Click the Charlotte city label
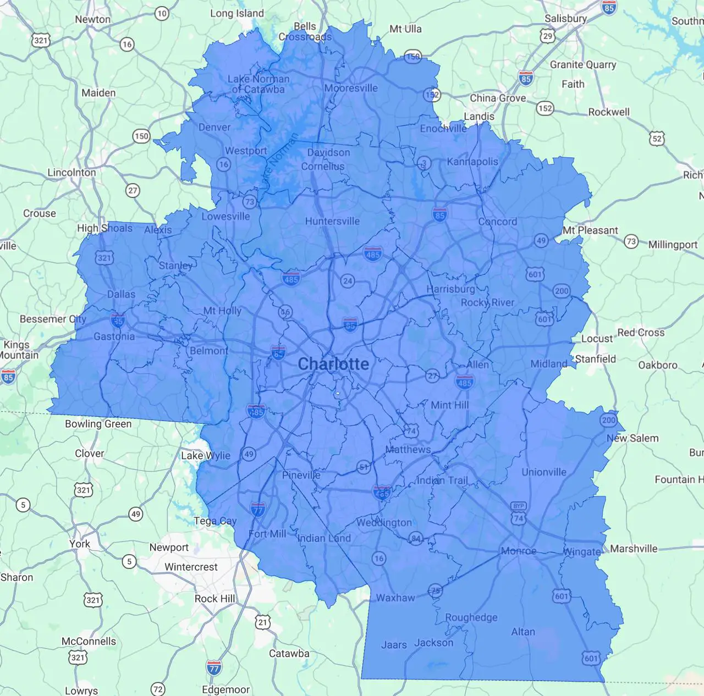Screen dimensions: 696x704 point(333,364)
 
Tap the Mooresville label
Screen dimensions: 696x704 point(351,88)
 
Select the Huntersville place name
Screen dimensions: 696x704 point(332,221)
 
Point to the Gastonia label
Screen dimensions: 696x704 point(114,336)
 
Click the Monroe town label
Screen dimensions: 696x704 point(518,551)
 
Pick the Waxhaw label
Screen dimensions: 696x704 point(395,598)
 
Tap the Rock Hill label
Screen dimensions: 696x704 point(215,599)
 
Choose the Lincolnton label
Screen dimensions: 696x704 point(71,172)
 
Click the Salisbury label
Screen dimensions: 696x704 point(565,19)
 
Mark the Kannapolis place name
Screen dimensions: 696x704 point(472,162)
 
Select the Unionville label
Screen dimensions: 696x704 point(544,472)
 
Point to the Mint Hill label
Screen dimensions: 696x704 point(450,405)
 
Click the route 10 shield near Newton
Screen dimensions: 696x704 point(162,14)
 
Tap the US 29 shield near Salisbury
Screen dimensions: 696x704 point(547,36)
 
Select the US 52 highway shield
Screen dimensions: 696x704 point(657,139)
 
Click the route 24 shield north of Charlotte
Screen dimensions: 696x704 point(347,281)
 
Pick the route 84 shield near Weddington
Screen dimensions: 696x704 point(416,539)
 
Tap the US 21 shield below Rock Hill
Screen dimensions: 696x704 point(263,622)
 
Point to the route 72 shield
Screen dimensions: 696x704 point(158,689)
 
